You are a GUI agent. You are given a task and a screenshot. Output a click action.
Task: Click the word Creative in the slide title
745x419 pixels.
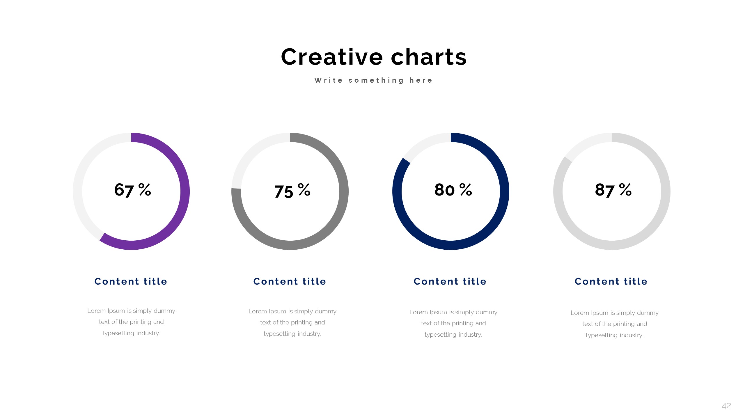click(332, 57)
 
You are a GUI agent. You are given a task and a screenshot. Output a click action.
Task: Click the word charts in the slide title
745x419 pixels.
click(429, 57)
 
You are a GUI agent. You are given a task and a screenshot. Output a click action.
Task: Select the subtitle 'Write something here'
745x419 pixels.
click(373, 80)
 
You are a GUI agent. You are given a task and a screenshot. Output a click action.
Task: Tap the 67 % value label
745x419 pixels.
click(132, 190)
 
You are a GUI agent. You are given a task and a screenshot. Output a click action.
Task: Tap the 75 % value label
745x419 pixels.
click(292, 191)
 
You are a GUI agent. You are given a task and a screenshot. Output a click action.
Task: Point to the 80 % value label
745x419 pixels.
click(453, 190)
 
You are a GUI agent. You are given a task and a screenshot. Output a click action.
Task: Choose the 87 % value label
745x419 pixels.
click(613, 190)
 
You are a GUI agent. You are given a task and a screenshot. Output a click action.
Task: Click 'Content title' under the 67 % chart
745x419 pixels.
click(131, 281)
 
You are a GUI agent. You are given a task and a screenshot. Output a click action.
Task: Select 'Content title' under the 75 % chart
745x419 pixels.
click(290, 281)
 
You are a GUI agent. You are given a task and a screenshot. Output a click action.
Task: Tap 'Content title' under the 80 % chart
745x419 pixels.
click(450, 281)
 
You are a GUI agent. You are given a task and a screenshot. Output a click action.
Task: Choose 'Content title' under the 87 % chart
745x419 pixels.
click(611, 281)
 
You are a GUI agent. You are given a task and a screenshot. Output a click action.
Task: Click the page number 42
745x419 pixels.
click(726, 406)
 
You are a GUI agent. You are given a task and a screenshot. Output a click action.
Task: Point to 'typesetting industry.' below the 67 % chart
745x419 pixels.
click(131, 333)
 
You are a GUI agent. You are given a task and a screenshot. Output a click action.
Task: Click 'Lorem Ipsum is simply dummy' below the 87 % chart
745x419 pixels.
click(614, 313)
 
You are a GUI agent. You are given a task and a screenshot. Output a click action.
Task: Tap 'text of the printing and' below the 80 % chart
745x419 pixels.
click(453, 323)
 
